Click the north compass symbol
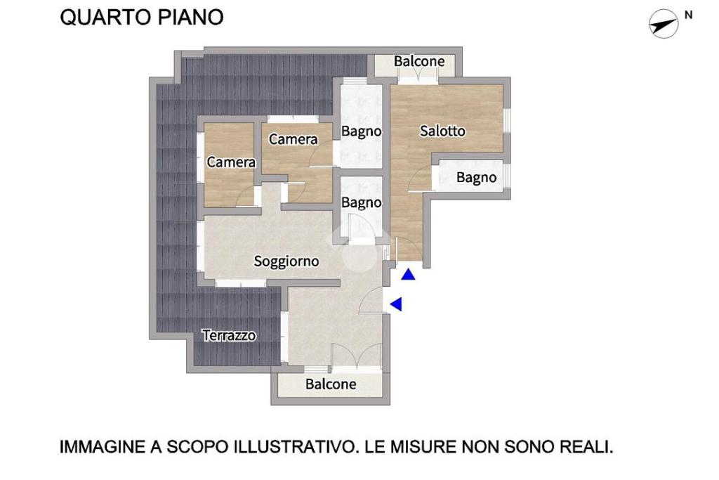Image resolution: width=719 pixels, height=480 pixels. pos(664,24)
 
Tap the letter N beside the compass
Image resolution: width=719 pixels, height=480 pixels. pos(688,15)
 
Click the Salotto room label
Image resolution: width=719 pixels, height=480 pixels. pos(442,131)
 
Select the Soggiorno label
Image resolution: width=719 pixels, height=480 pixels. pos(286,261)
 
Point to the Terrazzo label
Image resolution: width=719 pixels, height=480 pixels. pos(230,335)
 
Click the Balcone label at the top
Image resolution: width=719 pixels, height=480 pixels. pos(419,61)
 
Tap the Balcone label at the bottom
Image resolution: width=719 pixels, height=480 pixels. pos(331,384)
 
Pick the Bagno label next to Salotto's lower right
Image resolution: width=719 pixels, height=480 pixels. pos(477,178)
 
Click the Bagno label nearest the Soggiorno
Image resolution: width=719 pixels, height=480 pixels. pos(362,202)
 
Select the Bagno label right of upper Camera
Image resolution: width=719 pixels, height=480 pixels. pos(362,131)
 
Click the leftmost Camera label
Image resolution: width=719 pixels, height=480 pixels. pos(231,162)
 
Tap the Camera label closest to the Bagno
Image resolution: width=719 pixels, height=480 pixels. pos(293,139)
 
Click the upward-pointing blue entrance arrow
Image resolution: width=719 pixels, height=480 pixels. pos(408,274)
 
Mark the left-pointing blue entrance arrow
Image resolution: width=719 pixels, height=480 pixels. pos(396,304)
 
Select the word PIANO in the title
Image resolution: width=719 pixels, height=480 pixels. pos(191,18)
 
